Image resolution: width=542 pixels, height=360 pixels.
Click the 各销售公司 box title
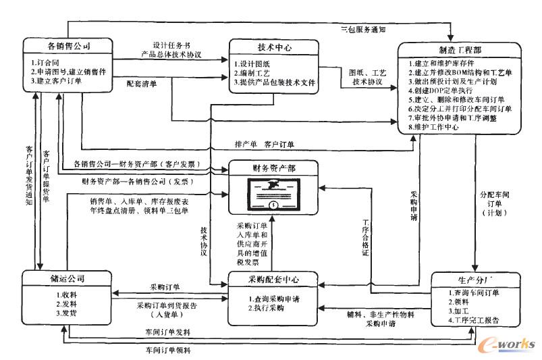69,46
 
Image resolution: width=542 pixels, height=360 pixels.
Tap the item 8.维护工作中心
441,126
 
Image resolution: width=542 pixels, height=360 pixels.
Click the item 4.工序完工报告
476,321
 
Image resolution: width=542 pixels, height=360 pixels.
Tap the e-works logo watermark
504,342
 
